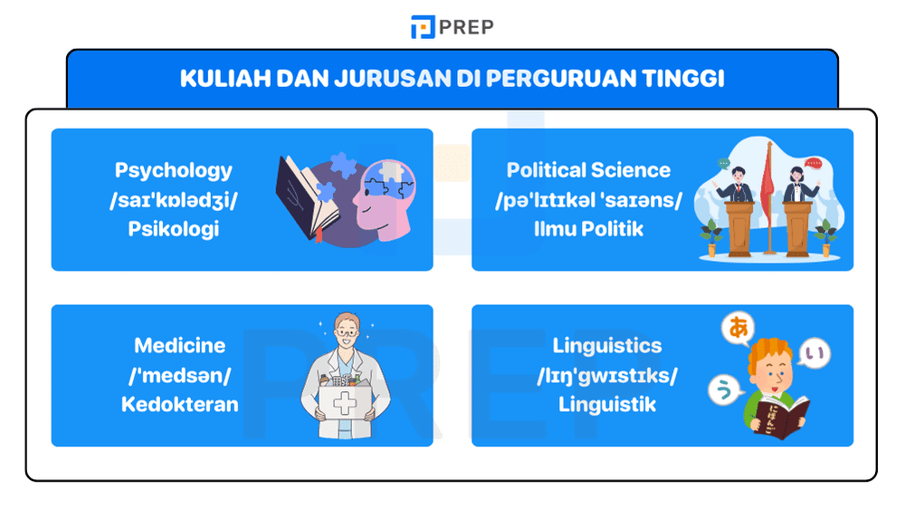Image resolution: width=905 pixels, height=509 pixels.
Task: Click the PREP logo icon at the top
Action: pyautogui.click(x=422, y=27)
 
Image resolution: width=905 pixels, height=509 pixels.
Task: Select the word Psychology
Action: pyautogui.click(x=174, y=170)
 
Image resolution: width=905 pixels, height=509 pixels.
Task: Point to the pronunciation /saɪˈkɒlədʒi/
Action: pyautogui.click(x=174, y=199)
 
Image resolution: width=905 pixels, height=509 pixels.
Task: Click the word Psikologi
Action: pyautogui.click(x=174, y=228)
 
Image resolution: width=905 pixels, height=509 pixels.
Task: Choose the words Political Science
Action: pyautogui.click(x=588, y=170)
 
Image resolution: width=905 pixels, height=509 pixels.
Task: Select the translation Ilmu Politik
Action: pyautogui.click(x=588, y=228)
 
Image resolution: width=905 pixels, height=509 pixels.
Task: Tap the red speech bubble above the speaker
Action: pyautogui.click(x=813, y=164)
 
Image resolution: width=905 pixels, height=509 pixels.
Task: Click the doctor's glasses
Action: pyautogui.click(x=344, y=333)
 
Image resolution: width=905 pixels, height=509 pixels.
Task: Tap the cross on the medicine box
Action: pyautogui.click(x=345, y=404)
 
